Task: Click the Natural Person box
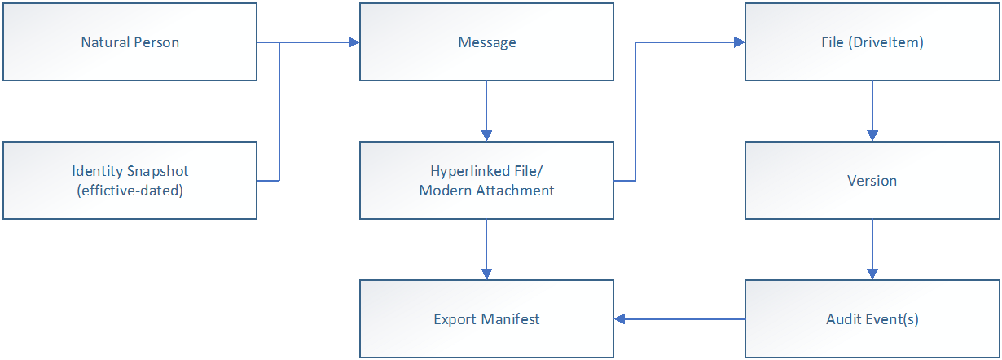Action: click(130, 42)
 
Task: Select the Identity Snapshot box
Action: click(130, 180)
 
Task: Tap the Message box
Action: click(486, 42)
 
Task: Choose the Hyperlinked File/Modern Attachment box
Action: click(486, 180)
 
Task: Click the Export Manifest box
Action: click(486, 318)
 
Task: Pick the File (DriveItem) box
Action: click(872, 42)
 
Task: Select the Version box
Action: click(872, 180)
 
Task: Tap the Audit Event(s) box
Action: click(872, 318)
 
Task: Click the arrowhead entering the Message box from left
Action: click(354, 42)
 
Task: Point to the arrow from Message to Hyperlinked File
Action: click(486, 110)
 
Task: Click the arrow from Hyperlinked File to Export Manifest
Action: click(486, 248)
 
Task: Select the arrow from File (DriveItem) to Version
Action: click(872, 110)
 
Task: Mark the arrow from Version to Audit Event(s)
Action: click(872, 248)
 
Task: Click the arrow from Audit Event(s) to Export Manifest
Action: click(680, 318)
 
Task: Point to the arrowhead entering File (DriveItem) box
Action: click(740, 42)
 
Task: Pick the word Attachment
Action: click(516, 190)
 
